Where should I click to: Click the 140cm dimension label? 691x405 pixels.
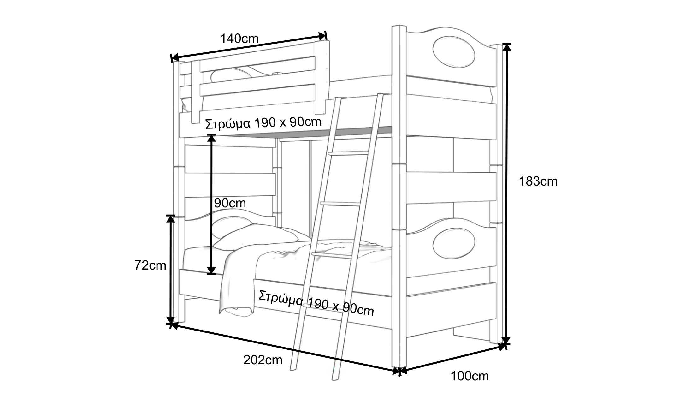[239, 39]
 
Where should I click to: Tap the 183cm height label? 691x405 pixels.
[538, 182]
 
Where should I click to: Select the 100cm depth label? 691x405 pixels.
[470, 376]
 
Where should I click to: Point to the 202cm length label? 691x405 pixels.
[263, 360]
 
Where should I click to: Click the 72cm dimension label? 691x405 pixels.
[150, 265]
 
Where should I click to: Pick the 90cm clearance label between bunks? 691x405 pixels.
[230, 203]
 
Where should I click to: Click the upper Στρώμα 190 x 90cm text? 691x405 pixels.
[263, 123]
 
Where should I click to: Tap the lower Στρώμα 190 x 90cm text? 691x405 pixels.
[316, 304]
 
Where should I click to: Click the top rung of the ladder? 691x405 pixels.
[348, 153]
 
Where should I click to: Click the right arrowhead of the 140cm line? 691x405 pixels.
[323, 36]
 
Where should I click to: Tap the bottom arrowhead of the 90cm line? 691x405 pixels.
[211, 271]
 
